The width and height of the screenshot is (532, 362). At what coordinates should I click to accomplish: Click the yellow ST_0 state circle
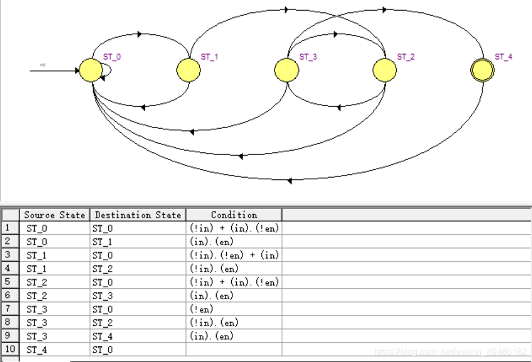90,70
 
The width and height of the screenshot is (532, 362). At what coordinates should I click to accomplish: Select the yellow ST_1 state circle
189,70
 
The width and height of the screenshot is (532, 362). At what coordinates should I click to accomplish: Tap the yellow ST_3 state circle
287,70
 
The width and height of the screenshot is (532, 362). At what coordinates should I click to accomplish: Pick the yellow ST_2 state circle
385,70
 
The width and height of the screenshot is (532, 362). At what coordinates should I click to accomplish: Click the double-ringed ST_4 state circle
482,70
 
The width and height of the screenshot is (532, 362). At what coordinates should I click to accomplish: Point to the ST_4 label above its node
503,57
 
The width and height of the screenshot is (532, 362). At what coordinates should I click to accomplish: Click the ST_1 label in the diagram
209,57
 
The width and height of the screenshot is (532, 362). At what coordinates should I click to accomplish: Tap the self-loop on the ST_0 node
107,70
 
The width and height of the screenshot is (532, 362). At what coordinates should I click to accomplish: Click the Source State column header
54,215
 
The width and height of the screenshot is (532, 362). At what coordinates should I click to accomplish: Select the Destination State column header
137,215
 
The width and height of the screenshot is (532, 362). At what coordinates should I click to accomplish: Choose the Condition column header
233,215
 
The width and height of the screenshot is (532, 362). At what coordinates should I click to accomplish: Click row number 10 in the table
9,350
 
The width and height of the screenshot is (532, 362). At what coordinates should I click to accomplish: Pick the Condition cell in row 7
233,309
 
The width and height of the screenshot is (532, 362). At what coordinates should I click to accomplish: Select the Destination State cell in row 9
137,336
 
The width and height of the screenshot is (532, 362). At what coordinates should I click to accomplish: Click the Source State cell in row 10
54,350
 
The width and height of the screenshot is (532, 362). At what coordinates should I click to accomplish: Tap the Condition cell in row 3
233,255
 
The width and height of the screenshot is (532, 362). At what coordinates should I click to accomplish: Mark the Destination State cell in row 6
137,296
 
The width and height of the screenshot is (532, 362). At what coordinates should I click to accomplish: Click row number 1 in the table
9,228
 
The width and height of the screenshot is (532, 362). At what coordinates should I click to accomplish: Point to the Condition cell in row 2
233,242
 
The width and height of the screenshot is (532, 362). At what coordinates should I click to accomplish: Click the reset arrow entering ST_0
54,70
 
